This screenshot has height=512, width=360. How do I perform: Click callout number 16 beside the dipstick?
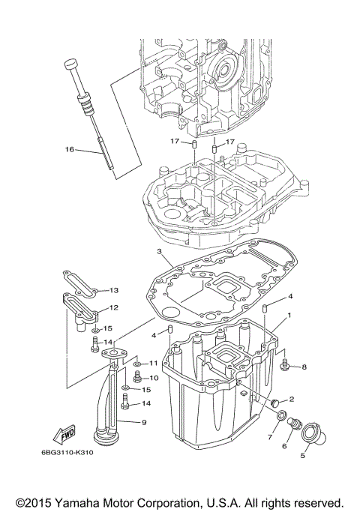(69, 149)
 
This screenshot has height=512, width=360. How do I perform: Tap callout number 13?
(114, 290)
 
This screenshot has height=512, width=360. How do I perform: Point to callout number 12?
(114, 307)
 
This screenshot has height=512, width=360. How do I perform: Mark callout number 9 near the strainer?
(143, 423)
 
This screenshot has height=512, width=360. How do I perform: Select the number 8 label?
(304, 367)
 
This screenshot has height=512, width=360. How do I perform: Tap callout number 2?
(291, 400)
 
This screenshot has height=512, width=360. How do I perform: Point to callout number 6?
(284, 445)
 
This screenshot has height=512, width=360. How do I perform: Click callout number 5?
(304, 454)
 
